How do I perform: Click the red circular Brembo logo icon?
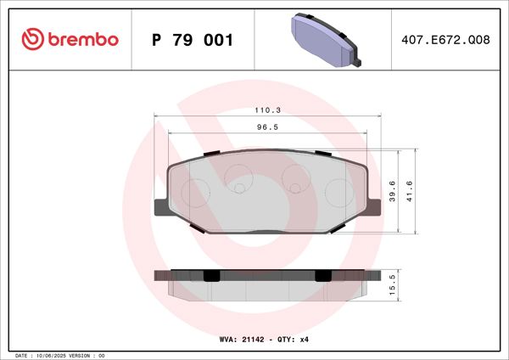[x=32, y=40]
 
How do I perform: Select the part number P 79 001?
[x=191, y=40]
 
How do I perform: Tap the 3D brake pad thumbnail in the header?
[x=327, y=39]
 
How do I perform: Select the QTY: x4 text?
[x=299, y=339]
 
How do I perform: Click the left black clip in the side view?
[x=210, y=275]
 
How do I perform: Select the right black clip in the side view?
[x=323, y=275]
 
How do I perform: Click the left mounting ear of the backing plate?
[x=160, y=207]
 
